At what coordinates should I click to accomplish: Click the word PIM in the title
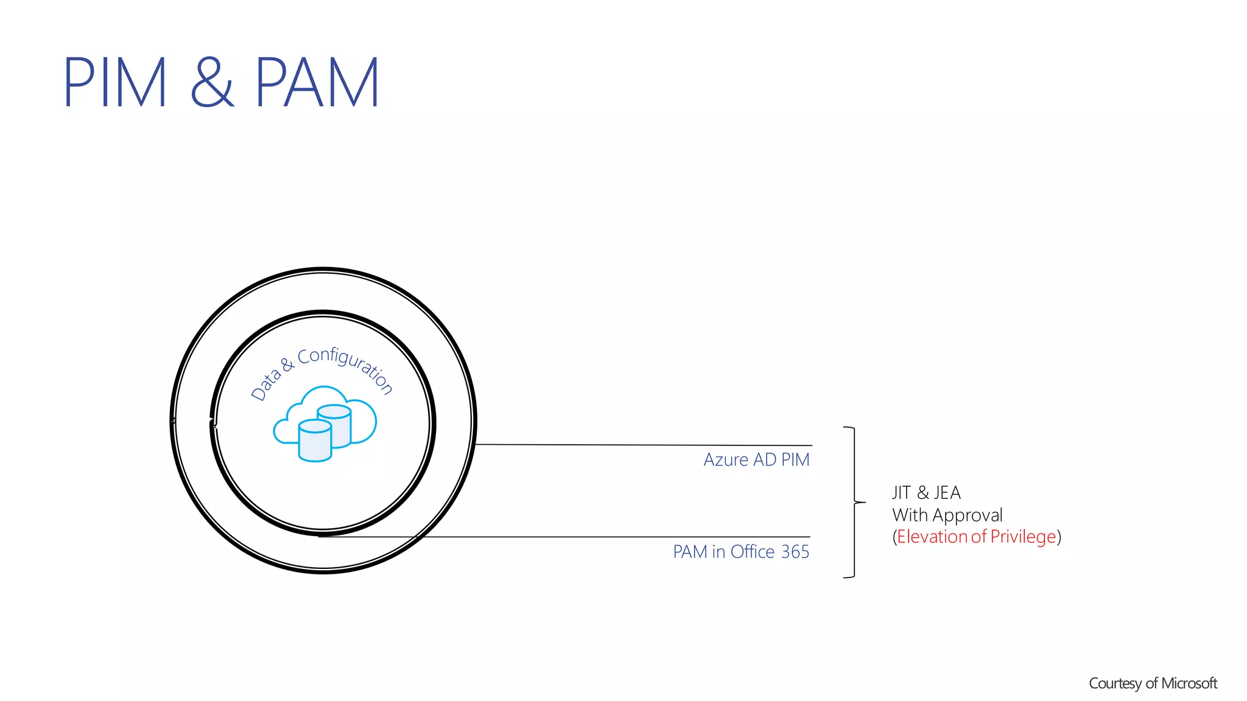point(114,83)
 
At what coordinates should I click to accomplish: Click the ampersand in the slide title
point(212,83)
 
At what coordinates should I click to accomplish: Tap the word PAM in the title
point(317,83)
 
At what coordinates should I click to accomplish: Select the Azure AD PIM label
point(756,460)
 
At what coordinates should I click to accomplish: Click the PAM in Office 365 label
point(740,552)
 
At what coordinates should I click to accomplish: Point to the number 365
point(795,552)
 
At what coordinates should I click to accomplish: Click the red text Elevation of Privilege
point(976,537)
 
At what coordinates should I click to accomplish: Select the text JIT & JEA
point(926,492)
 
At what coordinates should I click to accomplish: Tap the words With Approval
point(947,515)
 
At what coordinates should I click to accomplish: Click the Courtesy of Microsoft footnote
point(1153,683)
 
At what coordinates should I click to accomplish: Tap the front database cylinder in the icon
point(315,441)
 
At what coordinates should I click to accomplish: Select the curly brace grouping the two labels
point(854,503)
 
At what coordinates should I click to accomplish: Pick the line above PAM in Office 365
point(609,537)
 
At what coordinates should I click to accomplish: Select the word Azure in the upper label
point(726,460)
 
